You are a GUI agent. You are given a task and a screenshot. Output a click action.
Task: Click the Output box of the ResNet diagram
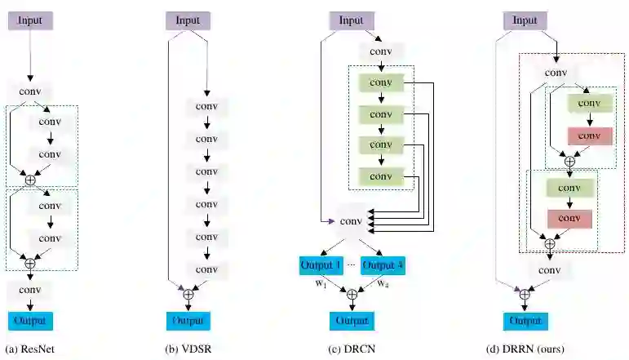(x=29, y=321)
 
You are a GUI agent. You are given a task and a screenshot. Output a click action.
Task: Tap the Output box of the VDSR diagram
(x=188, y=320)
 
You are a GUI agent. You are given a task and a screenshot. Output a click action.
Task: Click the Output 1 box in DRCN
(x=320, y=265)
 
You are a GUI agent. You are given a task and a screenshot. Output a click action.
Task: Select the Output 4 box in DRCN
(x=383, y=265)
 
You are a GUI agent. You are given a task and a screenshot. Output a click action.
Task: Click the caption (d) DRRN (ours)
(x=526, y=349)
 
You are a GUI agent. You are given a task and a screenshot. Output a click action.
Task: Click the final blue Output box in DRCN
(x=352, y=321)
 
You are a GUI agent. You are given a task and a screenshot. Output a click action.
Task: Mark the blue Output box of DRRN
(x=525, y=321)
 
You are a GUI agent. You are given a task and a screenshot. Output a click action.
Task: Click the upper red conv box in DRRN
(x=591, y=135)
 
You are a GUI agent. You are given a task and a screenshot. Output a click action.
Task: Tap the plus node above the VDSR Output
(x=188, y=294)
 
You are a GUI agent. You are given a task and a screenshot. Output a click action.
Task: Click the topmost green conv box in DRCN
(x=380, y=83)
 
